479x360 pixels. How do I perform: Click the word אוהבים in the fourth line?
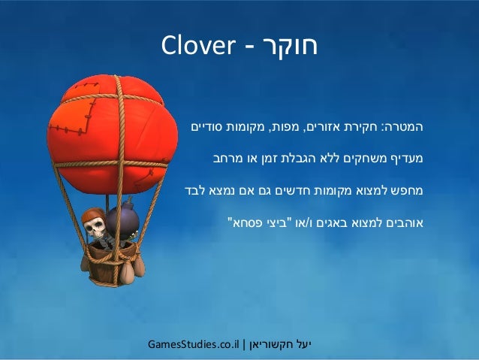tap(403, 223)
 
